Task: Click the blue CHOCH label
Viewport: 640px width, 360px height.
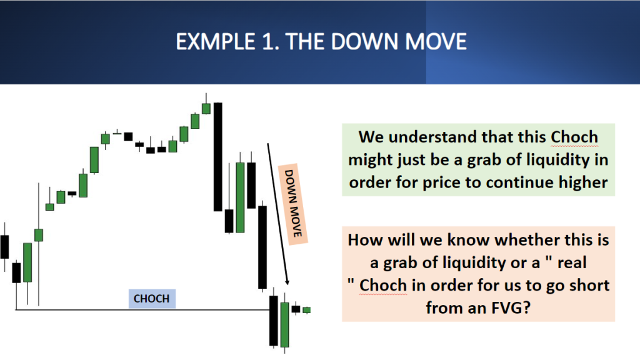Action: [152, 299]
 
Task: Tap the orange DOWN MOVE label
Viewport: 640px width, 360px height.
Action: [292, 204]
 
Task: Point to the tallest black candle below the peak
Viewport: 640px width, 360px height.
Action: [218, 157]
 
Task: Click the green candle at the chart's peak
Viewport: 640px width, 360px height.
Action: [206, 107]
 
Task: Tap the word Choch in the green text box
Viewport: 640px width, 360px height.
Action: [574, 137]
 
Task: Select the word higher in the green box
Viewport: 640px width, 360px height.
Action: [583, 182]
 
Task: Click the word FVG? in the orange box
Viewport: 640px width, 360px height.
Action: [506, 307]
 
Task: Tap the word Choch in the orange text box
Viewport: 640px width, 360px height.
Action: [383, 285]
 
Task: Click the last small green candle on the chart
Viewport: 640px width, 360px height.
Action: [306, 310]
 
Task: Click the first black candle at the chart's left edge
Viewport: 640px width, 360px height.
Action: [4, 247]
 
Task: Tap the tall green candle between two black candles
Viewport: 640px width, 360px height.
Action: [241, 197]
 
